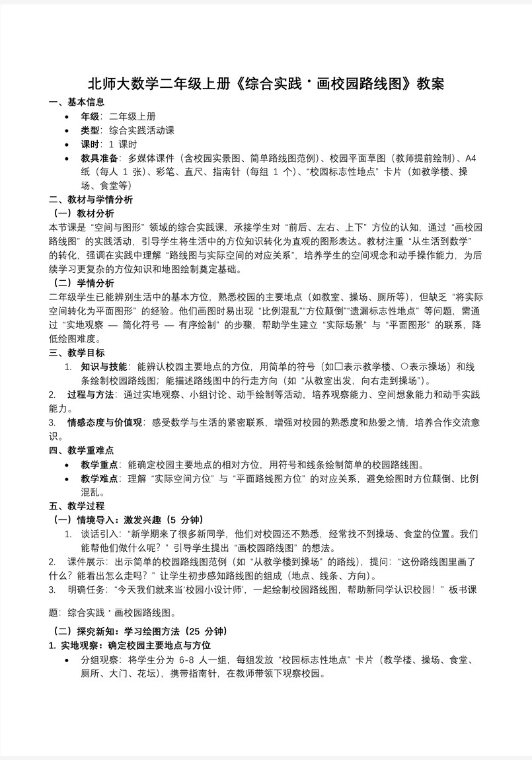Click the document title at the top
(266, 84)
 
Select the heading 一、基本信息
(77, 102)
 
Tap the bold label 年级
(91, 116)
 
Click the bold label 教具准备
(100, 158)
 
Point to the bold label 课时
(91, 144)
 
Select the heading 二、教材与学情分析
(91, 200)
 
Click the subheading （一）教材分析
(83, 213)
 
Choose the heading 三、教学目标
(77, 353)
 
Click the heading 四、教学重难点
(81, 451)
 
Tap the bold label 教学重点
(100, 465)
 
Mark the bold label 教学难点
(100, 478)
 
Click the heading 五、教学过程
(77, 506)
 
